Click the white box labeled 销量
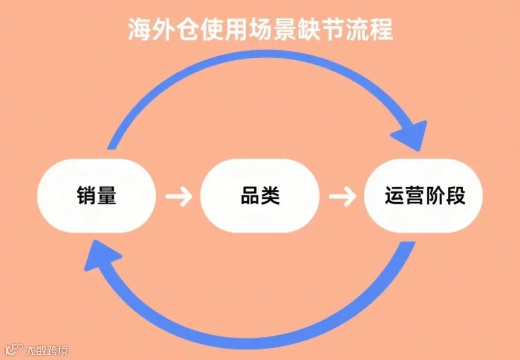(x=96, y=195)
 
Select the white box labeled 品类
(x=260, y=195)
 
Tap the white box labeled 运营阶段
(x=424, y=195)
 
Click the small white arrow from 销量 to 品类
(x=179, y=196)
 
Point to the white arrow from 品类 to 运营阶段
(x=342, y=196)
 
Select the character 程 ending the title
(x=381, y=29)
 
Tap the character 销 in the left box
(x=87, y=195)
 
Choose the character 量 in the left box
(x=106, y=195)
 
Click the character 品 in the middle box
(x=250, y=195)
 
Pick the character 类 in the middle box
(x=270, y=195)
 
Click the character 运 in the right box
(x=395, y=195)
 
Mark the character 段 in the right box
(x=456, y=195)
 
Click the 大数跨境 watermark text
(x=46, y=350)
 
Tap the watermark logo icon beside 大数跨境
(x=14, y=350)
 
